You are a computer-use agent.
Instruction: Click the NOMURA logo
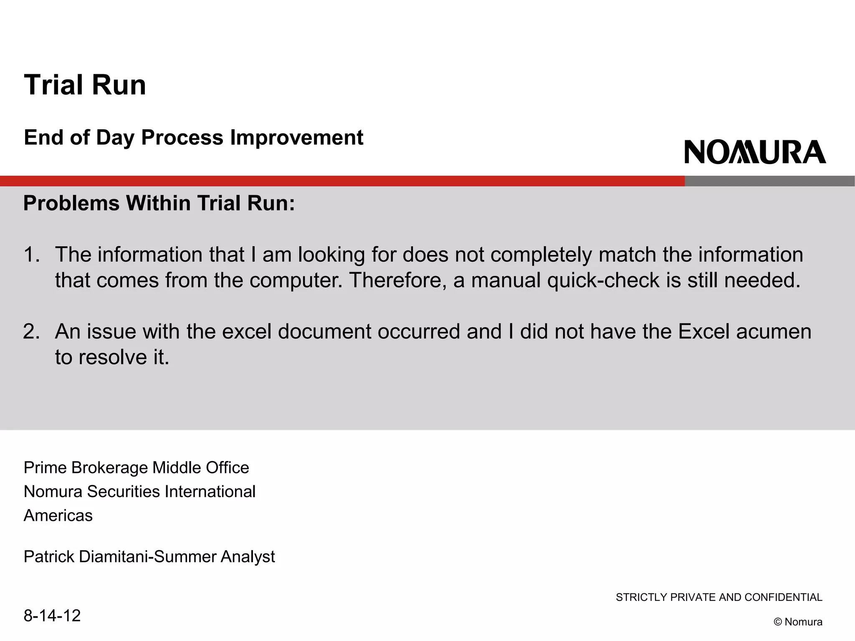coord(755,152)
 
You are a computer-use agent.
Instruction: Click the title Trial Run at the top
coord(85,85)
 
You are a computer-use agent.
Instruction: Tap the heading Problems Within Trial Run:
coord(159,203)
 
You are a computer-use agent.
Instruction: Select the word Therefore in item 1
coord(397,280)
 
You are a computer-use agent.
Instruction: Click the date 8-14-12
coord(52,616)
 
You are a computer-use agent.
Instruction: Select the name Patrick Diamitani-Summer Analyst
coord(149,557)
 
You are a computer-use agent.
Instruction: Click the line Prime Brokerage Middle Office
coord(136,468)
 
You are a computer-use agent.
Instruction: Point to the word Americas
coord(58,516)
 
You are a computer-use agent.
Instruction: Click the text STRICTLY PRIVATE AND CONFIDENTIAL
coord(719,597)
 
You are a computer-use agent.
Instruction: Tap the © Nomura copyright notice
coord(798,622)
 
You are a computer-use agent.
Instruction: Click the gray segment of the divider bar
coord(769,181)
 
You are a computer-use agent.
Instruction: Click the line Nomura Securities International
coord(139,492)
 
